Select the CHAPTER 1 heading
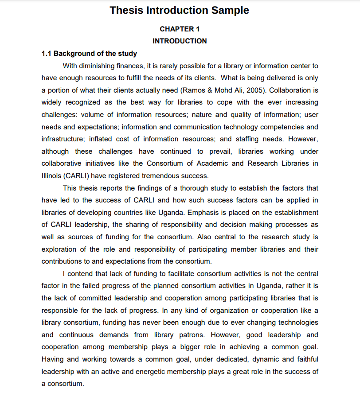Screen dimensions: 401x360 pyautogui.click(x=180, y=29)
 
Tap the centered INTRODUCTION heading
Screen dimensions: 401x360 pyautogui.click(x=180, y=41)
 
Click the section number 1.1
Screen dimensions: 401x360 pyautogui.click(x=47, y=54)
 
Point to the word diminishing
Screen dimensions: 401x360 pyautogui.click(x=100, y=66)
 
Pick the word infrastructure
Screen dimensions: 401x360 pyautogui.click(x=63, y=139)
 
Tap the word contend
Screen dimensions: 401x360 pyautogui.click(x=82, y=274)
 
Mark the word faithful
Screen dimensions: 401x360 pyautogui.click(x=306, y=359)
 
